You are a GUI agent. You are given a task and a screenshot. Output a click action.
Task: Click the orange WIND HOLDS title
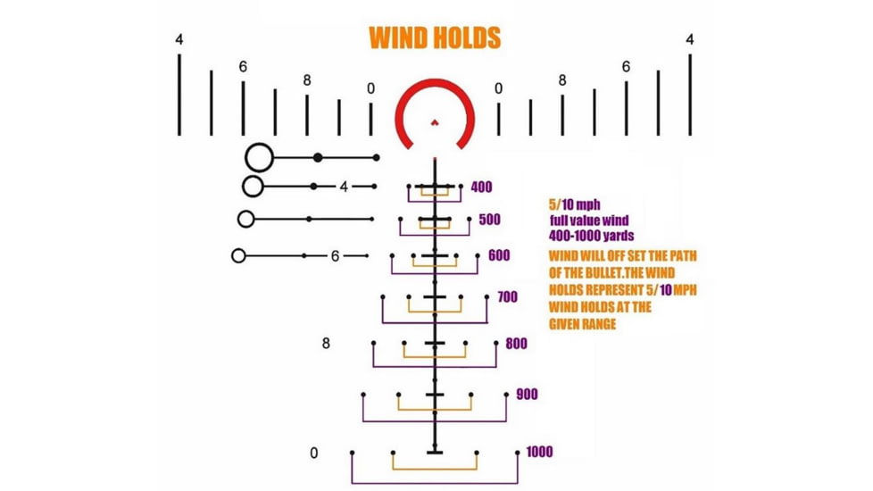coord(435,37)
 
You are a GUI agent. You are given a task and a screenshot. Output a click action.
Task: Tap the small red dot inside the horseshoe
coord(435,122)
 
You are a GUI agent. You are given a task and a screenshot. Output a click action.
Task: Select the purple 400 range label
coord(482,187)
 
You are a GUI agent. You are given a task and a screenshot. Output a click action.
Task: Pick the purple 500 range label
coord(489,220)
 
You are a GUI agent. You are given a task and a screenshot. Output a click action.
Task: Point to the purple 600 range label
coord(499,255)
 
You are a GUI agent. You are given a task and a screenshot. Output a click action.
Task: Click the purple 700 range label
coord(507,297)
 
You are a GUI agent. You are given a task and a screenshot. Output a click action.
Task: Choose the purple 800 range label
coord(516,344)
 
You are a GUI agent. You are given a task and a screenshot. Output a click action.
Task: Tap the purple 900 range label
coord(527,395)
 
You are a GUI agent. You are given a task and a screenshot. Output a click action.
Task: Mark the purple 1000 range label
coord(539,452)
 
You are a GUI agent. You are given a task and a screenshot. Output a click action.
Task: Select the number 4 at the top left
coord(179,40)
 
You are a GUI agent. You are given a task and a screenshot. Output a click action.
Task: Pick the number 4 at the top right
coord(690,40)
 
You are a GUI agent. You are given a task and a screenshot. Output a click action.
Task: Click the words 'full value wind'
coord(589,221)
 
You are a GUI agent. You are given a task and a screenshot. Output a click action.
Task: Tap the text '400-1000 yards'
coord(591,236)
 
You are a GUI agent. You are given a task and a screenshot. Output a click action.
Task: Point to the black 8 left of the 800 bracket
coord(326,344)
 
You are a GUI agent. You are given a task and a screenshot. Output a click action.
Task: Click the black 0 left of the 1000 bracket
coord(314,454)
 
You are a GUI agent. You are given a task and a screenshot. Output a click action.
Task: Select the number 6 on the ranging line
coord(335,256)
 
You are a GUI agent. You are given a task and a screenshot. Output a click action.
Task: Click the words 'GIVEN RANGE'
coord(582,324)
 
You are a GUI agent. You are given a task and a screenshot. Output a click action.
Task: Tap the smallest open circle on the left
coord(232,255)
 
